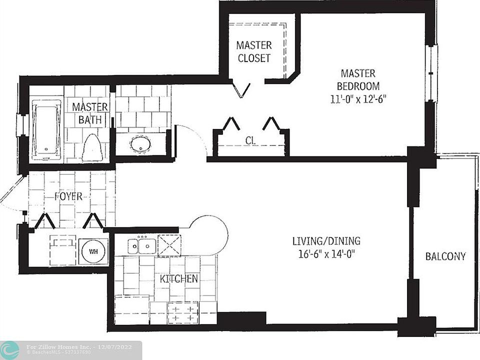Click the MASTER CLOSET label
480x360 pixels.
click(x=253, y=51)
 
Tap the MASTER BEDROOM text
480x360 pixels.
click(x=357, y=79)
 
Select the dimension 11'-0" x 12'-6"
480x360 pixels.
click(x=357, y=99)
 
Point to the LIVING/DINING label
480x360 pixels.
click(x=326, y=241)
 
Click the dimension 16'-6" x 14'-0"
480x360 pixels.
click(x=326, y=254)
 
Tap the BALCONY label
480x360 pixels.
click(x=445, y=256)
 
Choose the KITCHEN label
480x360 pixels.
click(x=179, y=279)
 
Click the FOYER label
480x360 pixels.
click(x=68, y=196)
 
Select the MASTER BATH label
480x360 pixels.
click(x=90, y=113)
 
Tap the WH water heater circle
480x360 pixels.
click(x=93, y=251)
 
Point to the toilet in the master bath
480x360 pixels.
click(x=92, y=148)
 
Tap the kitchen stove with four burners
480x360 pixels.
click(x=182, y=313)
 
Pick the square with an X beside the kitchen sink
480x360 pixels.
click(x=169, y=245)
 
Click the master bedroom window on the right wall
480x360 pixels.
click(x=431, y=73)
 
